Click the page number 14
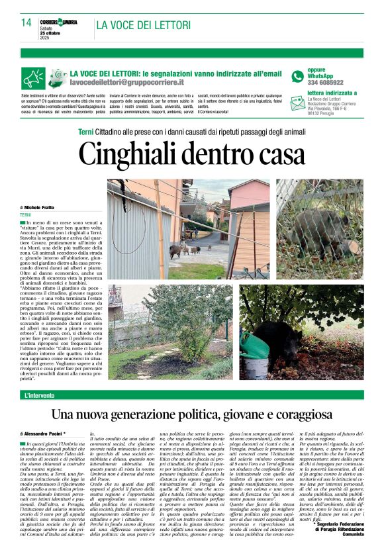pyautogui.click(x=26, y=22)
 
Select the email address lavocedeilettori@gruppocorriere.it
pyautogui.click(x=127, y=82)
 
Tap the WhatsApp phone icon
pyautogui.click(x=298, y=76)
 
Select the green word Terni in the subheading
pyautogui.click(x=86, y=132)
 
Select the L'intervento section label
pyautogui.click(x=41, y=395)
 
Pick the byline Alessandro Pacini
pyautogui.click(x=46, y=433)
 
